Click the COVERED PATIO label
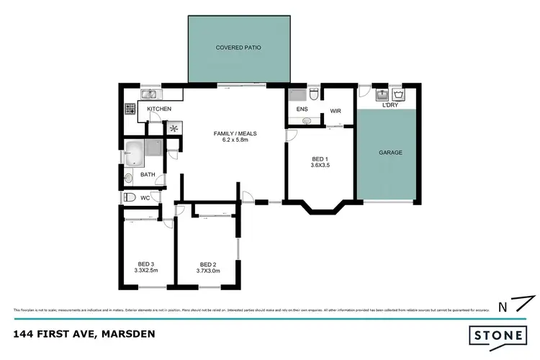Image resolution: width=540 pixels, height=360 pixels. click(238, 48)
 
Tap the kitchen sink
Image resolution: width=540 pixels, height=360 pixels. click(151, 94)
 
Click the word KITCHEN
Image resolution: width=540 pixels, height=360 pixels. click(159, 109)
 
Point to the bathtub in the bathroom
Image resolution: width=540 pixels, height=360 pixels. click(134, 152)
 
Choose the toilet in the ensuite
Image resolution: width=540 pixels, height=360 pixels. click(314, 95)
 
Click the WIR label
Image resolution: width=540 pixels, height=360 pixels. click(336, 111)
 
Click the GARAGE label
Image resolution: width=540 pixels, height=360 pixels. click(390, 153)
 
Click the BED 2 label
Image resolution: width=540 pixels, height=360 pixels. click(208, 264)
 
